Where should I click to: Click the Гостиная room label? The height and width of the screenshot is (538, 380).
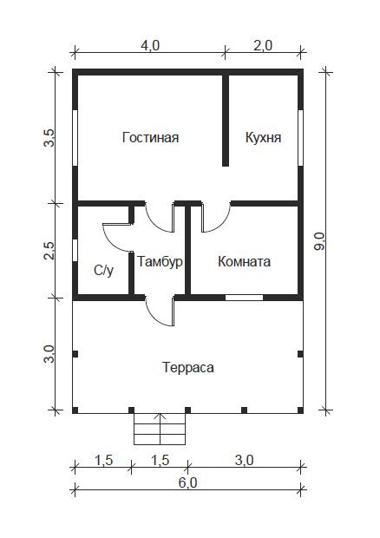[x=151, y=137]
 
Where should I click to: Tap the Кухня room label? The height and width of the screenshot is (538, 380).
[x=263, y=137]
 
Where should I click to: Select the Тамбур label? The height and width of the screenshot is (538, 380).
[x=160, y=262]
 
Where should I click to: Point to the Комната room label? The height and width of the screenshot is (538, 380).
[x=244, y=261]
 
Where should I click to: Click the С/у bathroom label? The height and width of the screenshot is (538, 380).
[x=103, y=271]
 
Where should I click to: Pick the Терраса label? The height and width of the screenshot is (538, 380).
[x=188, y=367]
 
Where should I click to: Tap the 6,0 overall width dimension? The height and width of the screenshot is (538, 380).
[x=188, y=482]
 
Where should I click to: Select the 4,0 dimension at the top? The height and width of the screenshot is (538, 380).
[x=150, y=45]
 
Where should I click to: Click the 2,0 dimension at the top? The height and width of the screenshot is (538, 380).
[x=263, y=45]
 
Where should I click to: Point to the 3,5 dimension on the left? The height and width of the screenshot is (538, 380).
[x=49, y=138]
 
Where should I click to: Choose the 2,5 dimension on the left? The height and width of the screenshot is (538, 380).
[x=49, y=251]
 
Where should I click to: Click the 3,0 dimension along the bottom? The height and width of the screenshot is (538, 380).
[x=244, y=460]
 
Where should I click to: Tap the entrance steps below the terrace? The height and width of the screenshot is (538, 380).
[x=160, y=429]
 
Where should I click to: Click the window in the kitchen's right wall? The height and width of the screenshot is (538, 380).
[x=300, y=138]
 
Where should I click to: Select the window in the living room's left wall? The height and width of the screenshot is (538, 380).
[x=75, y=138]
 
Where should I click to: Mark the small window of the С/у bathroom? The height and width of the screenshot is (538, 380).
[x=75, y=250]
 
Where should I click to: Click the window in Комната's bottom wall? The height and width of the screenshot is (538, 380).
[x=244, y=298]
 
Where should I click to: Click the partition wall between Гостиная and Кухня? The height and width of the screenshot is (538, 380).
[x=226, y=120]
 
